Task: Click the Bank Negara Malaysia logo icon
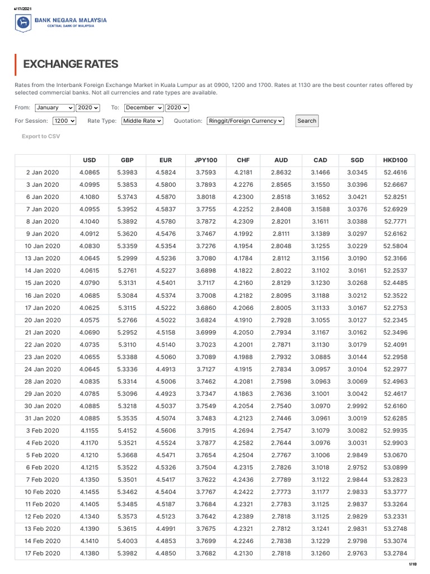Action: pos(23,22)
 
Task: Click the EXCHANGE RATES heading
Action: pos(71,64)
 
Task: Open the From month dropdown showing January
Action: pos(54,108)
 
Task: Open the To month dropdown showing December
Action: pos(144,108)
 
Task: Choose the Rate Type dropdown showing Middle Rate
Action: pos(142,121)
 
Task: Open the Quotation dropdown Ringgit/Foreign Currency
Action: pos(245,121)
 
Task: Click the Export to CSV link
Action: pos(41,136)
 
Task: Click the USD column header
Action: pos(90,160)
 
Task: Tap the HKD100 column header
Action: pos(395,160)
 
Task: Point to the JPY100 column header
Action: pos(205,160)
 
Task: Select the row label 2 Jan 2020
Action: pos(43,173)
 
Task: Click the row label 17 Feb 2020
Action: pos(43,554)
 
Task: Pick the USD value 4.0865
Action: pos(90,173)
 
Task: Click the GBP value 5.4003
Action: pos(127,541)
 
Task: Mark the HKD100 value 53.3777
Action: pos(395,492)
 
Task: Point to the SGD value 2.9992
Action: pos(358,406)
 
